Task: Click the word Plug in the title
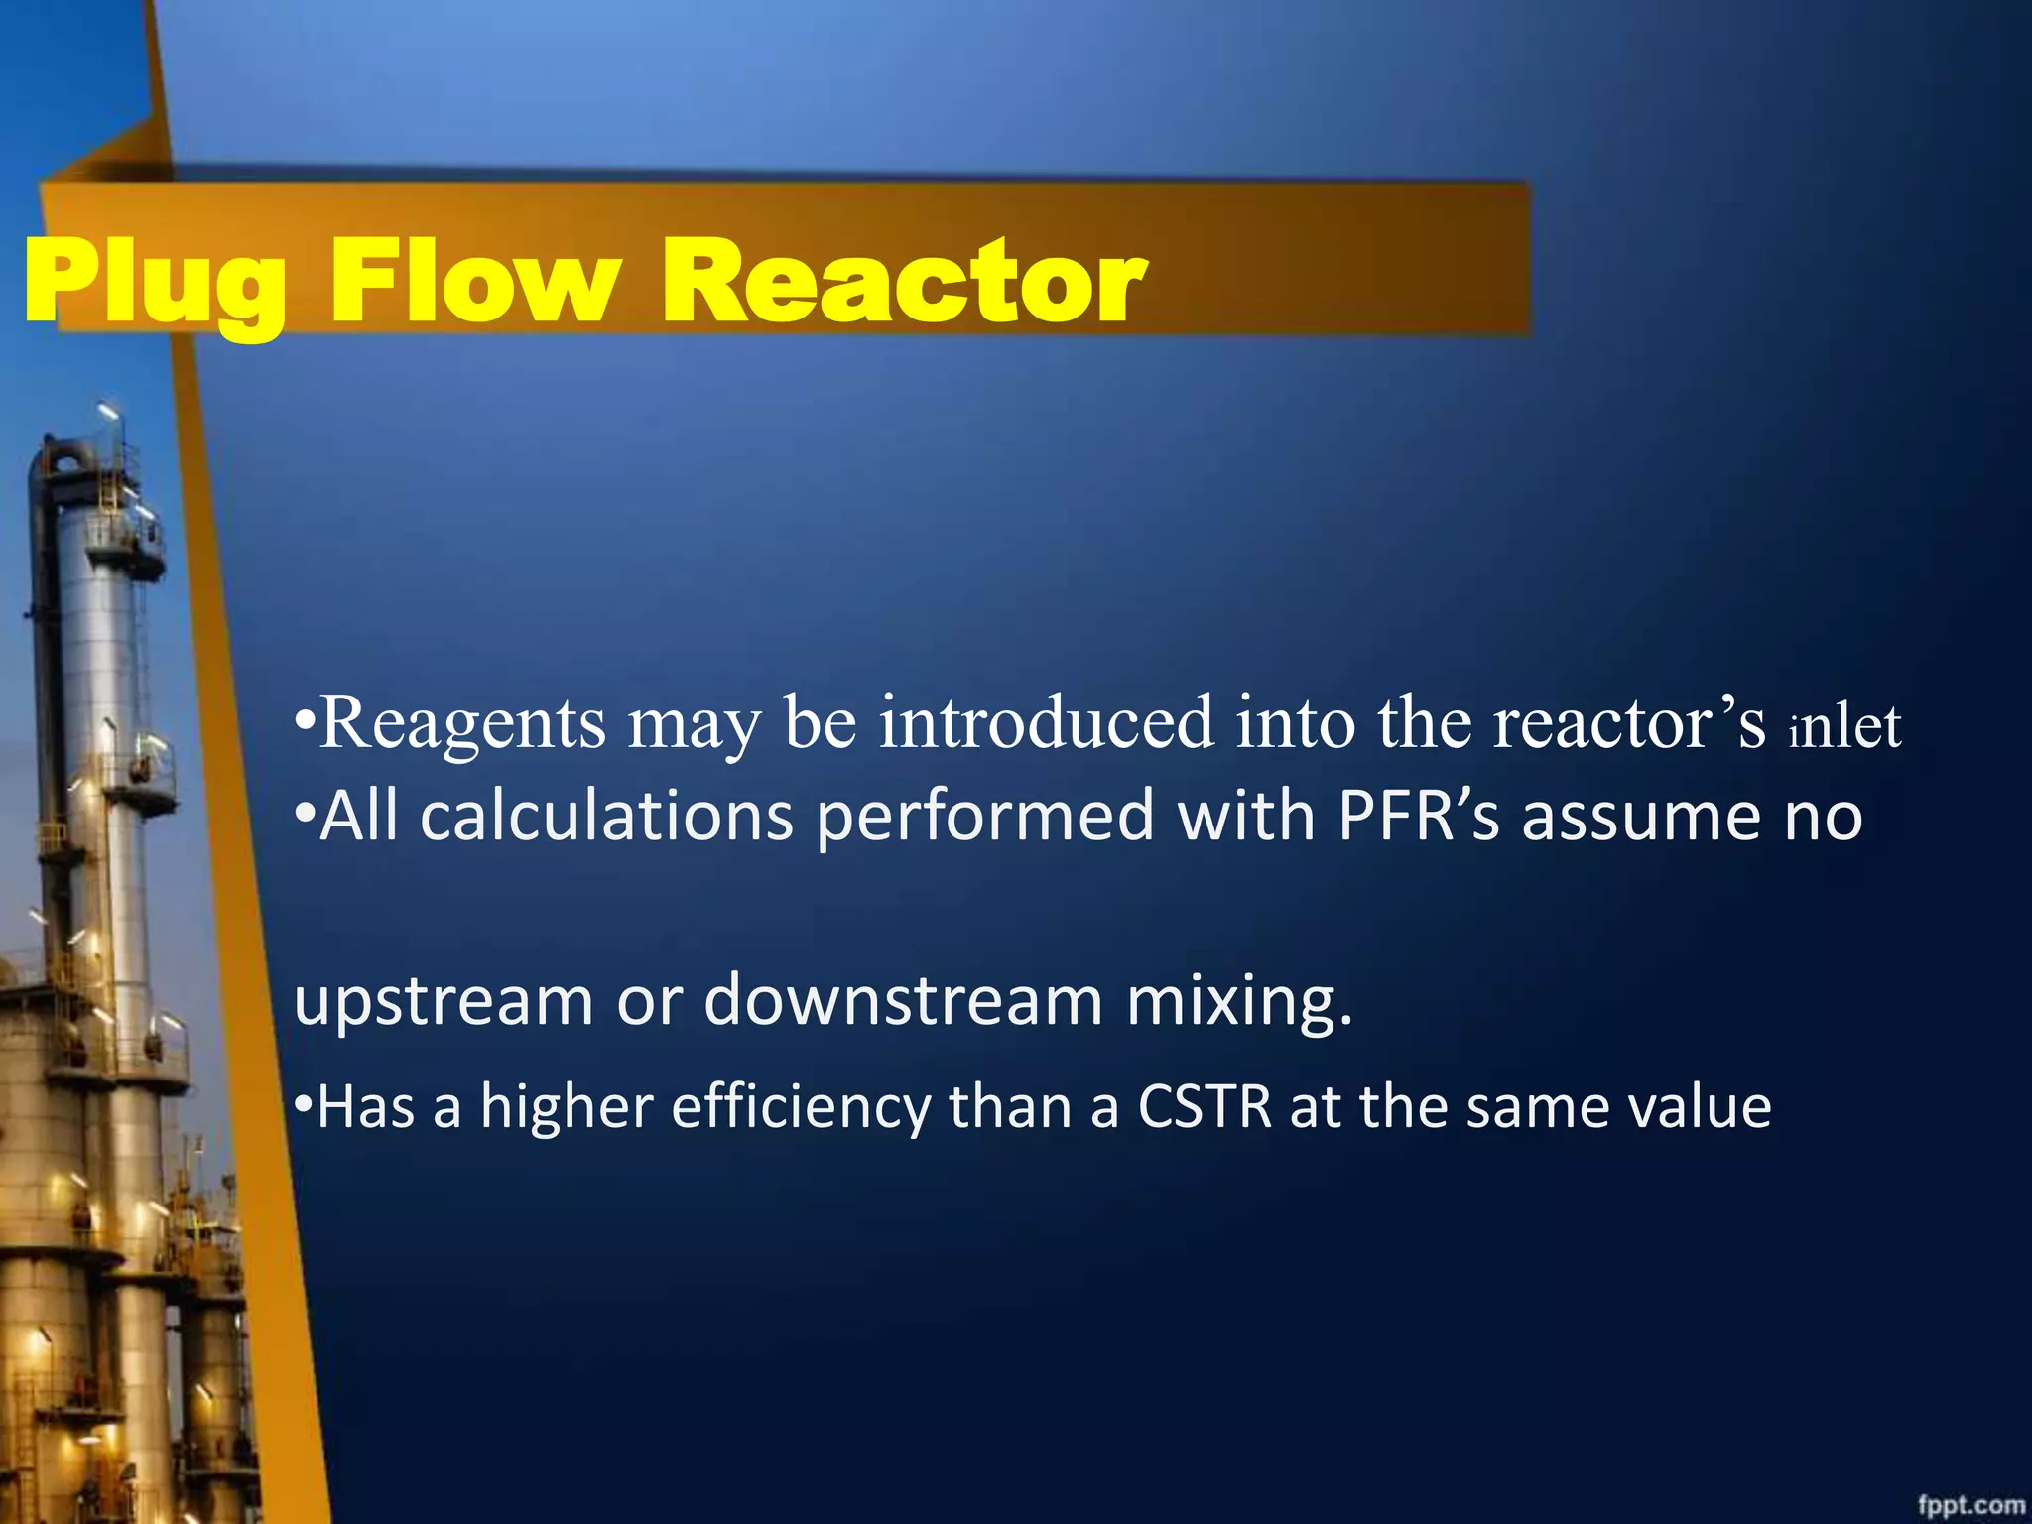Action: pos(155,283)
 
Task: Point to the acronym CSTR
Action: pos(1205,1107)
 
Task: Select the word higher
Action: pos(567,1107)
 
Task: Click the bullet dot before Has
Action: pos(305,1103)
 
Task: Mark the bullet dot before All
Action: pos(306,812)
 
